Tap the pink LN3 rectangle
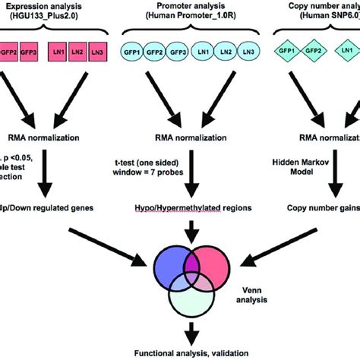97,52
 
